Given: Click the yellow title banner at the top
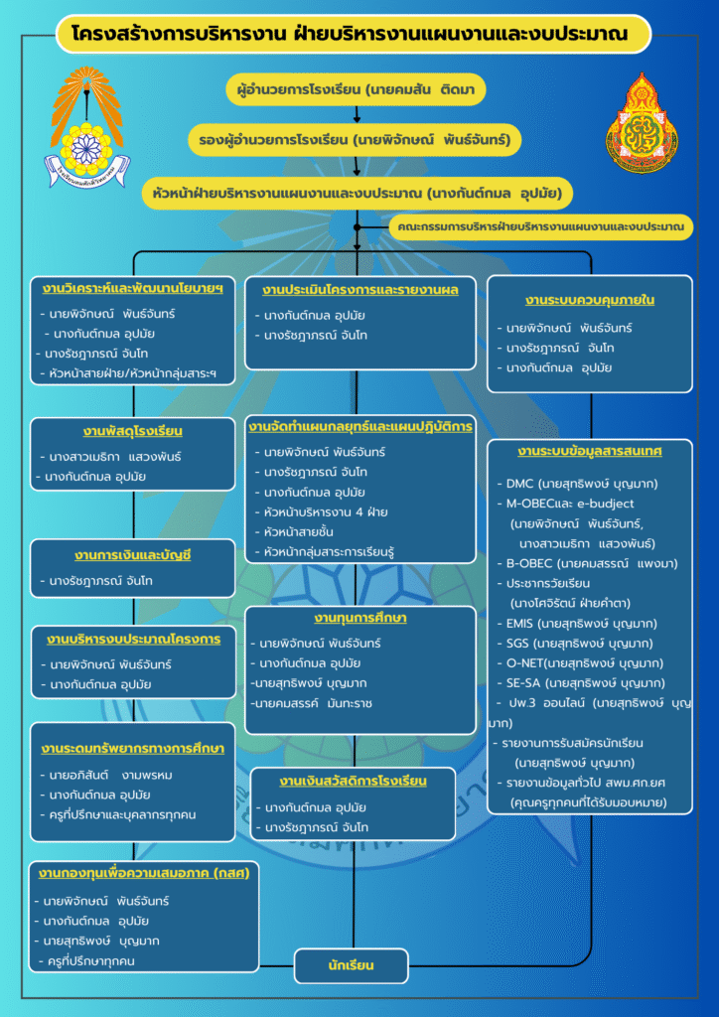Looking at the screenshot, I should (x=355, y=35).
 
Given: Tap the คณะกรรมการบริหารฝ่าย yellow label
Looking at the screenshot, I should (x=540, y=227).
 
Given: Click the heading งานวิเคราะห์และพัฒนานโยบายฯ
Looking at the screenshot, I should (x=132, y=290).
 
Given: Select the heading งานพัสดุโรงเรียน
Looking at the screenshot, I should (x=132, y=432).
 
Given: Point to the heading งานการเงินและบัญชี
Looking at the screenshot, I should (x=132, y=554).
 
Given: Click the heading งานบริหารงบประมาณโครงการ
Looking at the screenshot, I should (x=132, y=639).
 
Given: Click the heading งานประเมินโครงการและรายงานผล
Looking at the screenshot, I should (x=359, y=290).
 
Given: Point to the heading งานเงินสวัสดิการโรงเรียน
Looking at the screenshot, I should (x=353, y=781).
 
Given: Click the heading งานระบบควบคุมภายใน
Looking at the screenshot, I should (x=589, y=299).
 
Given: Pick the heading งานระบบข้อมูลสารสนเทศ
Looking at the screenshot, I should (x=589, y=452).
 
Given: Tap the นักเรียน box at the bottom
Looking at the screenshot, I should (x=352, y=964).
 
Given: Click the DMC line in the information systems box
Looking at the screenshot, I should (x=576, y=484).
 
